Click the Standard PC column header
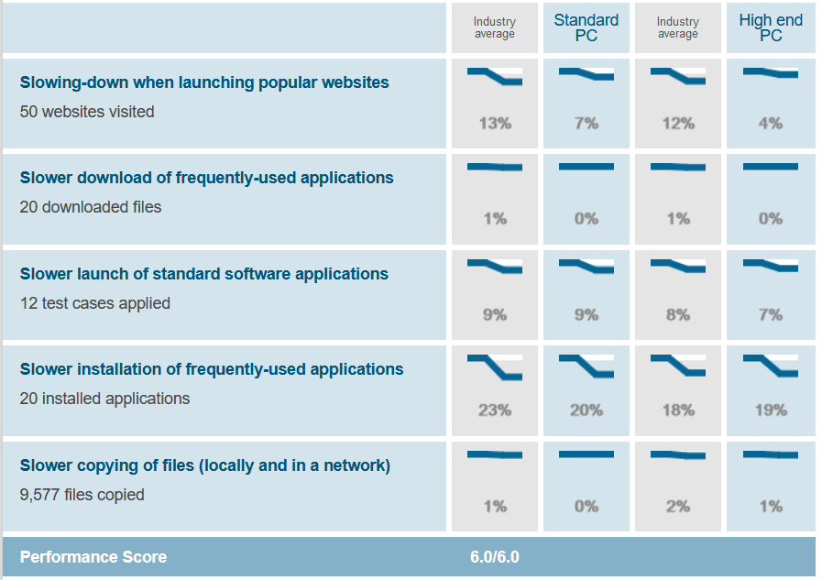pyautogui.click(x=586, y=27)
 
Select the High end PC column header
pyautogui.click(x=770, y=27)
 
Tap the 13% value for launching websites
pyautogui.click(x=495, y=124)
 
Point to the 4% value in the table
pyautogui.click(x=770, y=124)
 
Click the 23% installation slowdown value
pyautogui.click(x=495, y=410)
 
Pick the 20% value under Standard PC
pyautogui.click(x=586, y=410)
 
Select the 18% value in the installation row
pyautogui.click(x=678, y=410)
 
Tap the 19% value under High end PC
pyautogui.click(x=770, y=410)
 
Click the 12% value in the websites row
pyautogui.click(x=678, y=124)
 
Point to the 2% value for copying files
pyautogui.click(x=678, y=507)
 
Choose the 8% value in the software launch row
pyautogui.click(x=678, y=315)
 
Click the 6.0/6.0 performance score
pyautogui.click(x=495, y=557)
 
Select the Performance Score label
pyautogui.click(x=93, y=557)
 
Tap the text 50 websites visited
pyautogui.click(x=87, y=112)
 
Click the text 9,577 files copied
pyautogui.click(x=82, y=495)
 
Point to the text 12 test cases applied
pyautogui.click(x=95, y=303)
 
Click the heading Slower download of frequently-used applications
pyautogui.click(x=207, y=178)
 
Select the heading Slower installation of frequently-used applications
pyautogui.click(x=212, y=369)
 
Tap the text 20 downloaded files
pyautogui.click(x=91, y=207)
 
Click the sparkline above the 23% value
pyautogui.click(x=495, y=366)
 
